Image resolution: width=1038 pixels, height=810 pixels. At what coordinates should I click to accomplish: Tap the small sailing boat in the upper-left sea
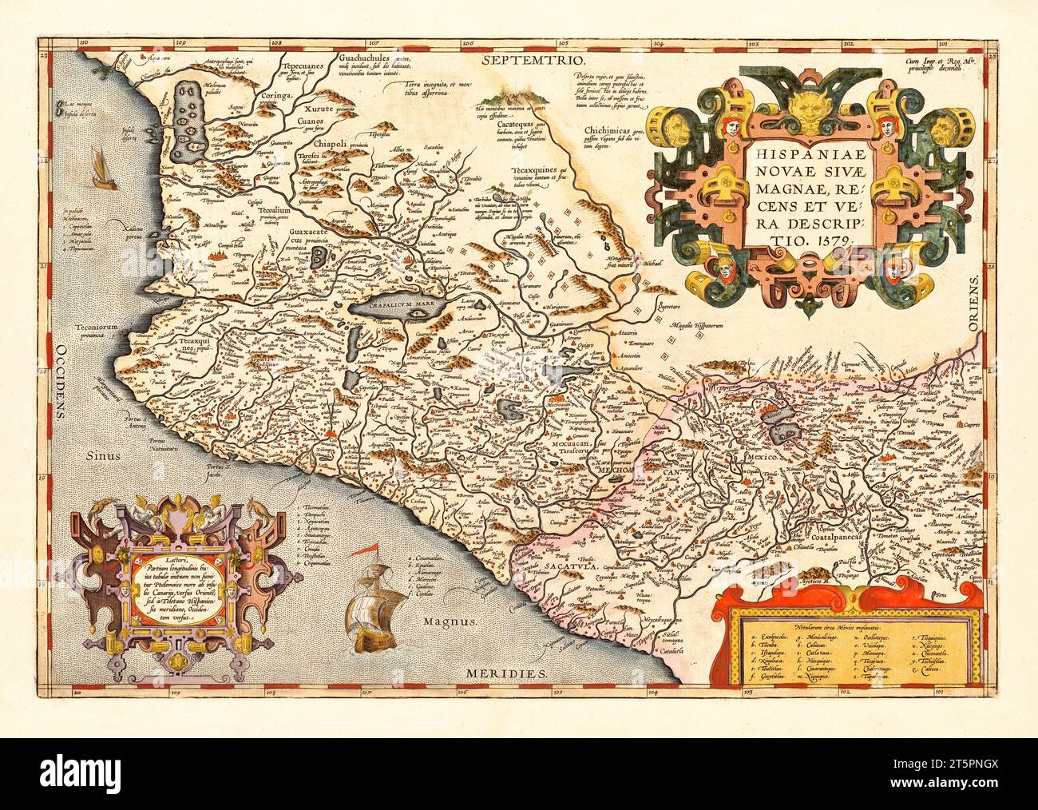pyautogui.click(x=104, y=170)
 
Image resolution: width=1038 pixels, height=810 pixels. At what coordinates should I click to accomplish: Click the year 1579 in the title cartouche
pyautogui.click(x=834, y=237)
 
